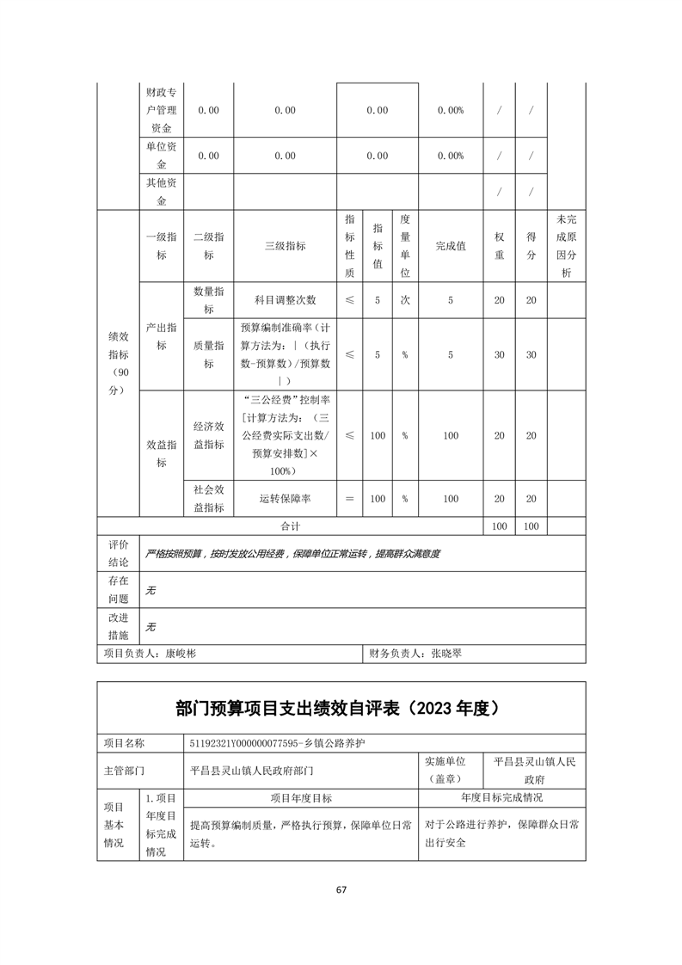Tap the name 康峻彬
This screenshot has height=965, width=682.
tap(181, 654)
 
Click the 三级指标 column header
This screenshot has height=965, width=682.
tap(285, 246)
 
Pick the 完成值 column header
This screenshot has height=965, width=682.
tap(451, 246)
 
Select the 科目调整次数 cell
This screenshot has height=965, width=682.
tap(285, 300)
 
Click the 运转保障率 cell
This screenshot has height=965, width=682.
tap(285, 499)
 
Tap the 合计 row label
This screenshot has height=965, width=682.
tap(291, 526)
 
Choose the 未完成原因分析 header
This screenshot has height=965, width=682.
tap(566, 246)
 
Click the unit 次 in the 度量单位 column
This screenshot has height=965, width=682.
tap(404, 300)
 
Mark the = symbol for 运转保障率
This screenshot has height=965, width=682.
tap(349, 499)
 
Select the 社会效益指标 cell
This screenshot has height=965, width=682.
tap(209, 499)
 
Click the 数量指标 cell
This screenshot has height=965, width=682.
tap(209, 300)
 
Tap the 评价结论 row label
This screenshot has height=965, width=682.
tap(118, 553)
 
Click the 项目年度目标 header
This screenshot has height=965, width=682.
tap(301, 797)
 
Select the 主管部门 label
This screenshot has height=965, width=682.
tap(124, 771)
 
